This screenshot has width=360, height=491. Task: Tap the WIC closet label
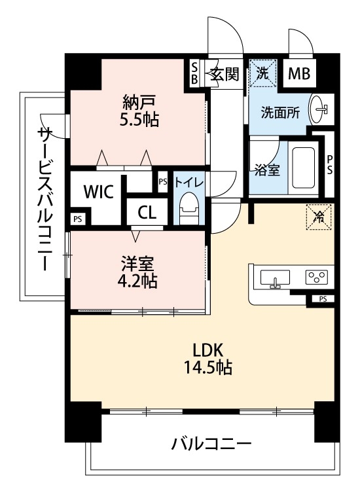(x=99, y=191)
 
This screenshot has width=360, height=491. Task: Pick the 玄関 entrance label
(x=224, y=74)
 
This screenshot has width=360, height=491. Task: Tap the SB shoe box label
(x=194, y=73)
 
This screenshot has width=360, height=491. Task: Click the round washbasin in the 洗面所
(x=321, y=109)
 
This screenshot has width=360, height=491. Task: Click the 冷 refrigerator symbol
(x=319, y=215)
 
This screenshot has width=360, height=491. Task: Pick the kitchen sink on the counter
(x=276, y=280)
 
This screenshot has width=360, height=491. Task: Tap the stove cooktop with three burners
(x=319, y=278)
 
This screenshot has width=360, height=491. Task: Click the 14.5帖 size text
(x=207, y=367)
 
